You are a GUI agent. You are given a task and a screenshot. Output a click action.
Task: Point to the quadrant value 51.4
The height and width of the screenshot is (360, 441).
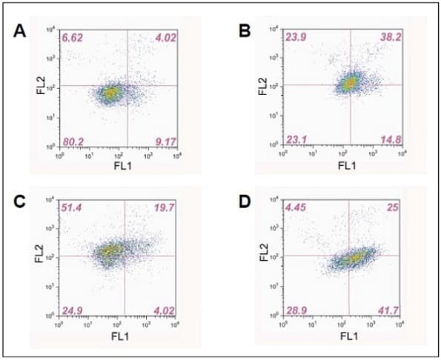point(73,207)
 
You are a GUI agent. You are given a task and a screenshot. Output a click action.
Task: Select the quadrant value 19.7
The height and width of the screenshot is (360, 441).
point(162,207)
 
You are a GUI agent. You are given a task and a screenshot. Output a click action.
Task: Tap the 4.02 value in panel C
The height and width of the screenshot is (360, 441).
point(162,310)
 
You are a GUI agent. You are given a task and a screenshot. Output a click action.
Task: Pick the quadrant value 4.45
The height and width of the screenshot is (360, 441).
point(295,208)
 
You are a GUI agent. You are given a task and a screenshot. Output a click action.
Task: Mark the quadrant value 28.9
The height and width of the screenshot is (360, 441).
point(295,310)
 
